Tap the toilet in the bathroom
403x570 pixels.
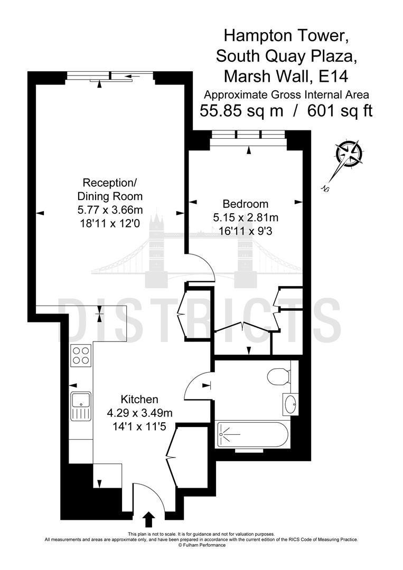[278, 376]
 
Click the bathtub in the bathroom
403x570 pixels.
[252, 434]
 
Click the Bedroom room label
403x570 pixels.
[245, 204]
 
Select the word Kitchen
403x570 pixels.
[139, 399]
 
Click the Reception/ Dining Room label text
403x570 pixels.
[110, 189]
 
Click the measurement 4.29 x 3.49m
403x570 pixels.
[139, 413]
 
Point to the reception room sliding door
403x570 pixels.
[110, 77]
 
